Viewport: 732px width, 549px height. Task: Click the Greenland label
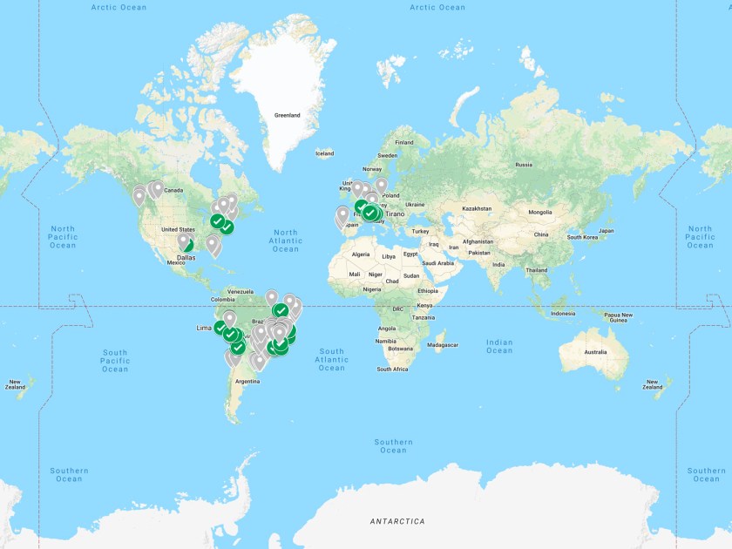[x=287, y=115]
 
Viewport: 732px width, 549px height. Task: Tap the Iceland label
[x=324, y=153]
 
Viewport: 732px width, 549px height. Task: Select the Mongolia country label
[x=540, y=212]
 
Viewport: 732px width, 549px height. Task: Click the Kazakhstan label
[x=477, y=209]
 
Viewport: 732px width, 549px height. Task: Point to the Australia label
[x=595, y=351]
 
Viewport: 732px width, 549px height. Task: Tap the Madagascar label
[x=442, y=345]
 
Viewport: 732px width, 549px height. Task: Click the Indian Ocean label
[x=499, y=346]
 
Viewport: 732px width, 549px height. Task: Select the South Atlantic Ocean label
[x=331, y=359]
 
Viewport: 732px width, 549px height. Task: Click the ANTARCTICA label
[x=397, y=521]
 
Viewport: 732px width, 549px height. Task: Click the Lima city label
[x=204, y=328]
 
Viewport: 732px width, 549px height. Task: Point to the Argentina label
[x=247, y=381]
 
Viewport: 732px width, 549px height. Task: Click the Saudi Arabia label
[x=440, y=263]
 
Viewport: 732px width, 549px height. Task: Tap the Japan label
[x=607, y=231]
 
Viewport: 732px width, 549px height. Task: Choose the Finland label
[x=403, y=142]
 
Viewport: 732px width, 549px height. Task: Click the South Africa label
[x=392, y=369]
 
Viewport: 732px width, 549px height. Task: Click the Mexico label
[x=176, y=262]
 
